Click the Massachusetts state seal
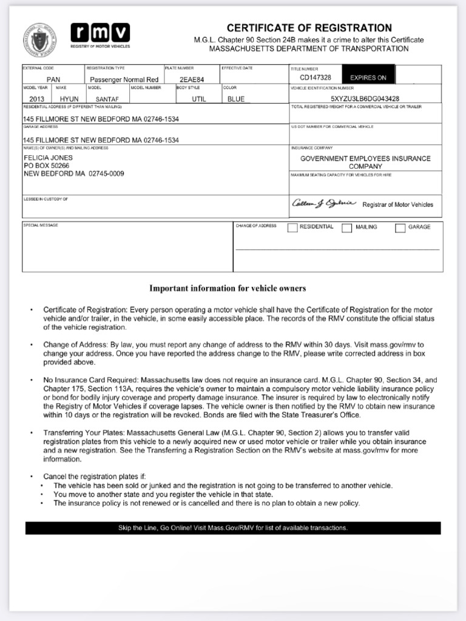tap(39, 40)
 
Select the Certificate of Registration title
tap(309, 28)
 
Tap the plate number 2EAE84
tap(192, 79)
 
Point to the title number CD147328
tap(316, 78)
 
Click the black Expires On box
tap(368, 78)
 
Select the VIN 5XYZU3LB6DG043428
tap(365, 98)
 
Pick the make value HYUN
tap(69, 99)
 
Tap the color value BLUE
tap(236, 99)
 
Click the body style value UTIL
tap(199, 99)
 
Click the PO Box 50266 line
tap(47, 166)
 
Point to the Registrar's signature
tap(324, 203)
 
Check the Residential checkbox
tap(292, 228)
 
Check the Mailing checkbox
tap(346, 228)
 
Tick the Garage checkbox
tap(400, 228)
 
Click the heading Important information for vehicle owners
tap(228, 288)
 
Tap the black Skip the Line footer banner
tap(233, 528)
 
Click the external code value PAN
tap(53, 79)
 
